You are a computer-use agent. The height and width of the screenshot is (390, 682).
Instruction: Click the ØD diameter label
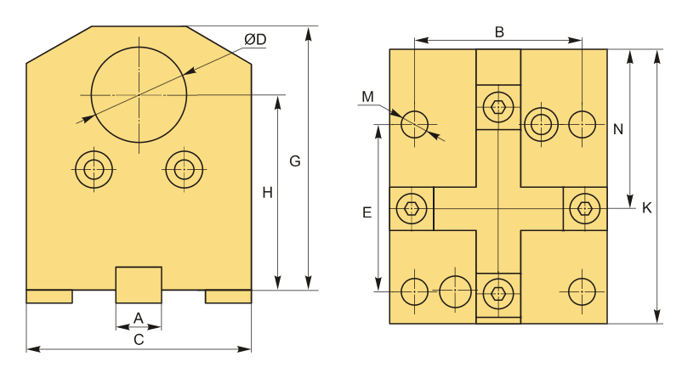click(255, 40)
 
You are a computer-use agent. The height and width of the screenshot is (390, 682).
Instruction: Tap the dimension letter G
click(295, 161)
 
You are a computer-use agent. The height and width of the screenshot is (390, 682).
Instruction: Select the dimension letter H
click(267, 193)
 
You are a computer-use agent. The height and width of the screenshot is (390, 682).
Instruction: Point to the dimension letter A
click(139, 319)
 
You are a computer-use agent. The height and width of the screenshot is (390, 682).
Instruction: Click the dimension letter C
click(139, 340)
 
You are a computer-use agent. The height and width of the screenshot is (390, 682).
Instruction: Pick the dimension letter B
click(499, 31)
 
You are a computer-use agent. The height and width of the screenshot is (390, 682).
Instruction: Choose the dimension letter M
click(367, 97)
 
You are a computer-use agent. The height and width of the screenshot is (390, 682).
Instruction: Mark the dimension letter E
click(367, 212)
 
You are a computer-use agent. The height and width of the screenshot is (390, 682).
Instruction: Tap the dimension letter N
click(618, 129)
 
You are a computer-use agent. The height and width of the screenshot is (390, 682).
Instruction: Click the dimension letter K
click(647, 208)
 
